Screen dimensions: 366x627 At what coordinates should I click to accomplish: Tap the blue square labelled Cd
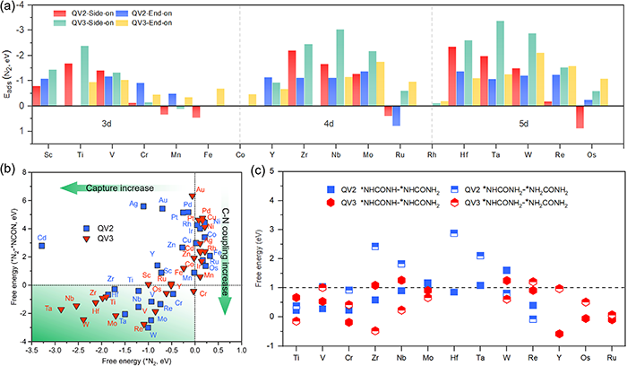pos(41,245)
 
